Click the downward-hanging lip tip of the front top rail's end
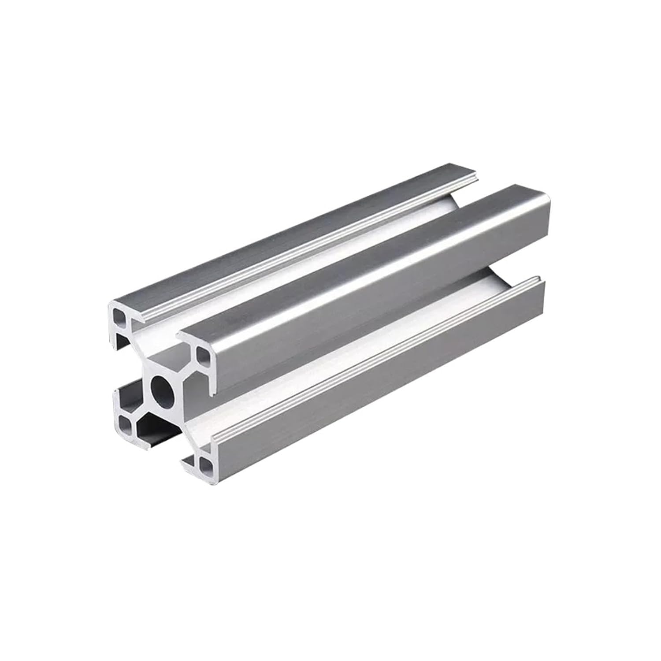point(212,390)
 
